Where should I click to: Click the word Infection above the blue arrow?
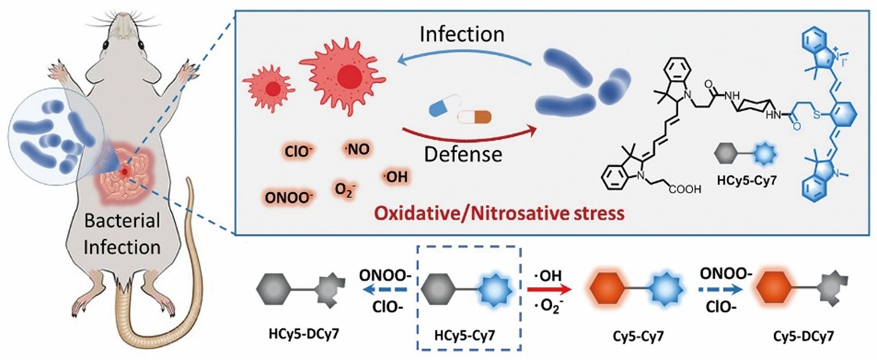pos(462,34)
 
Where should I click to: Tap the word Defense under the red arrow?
pos(463,154)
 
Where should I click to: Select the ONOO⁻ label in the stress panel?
pos(289,198)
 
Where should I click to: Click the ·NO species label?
pos(356,149)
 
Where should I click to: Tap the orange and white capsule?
pos(474,117)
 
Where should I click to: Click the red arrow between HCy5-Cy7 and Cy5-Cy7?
pos(548,290)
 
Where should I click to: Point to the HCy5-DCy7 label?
pos(303,334)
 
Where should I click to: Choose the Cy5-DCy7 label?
pos(803,336)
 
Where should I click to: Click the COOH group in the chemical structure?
pos(685,189)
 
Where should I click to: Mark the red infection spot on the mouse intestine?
pos(125,171)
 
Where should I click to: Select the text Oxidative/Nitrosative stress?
pos(500,214)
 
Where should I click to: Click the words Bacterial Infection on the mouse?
pos(122,234)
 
